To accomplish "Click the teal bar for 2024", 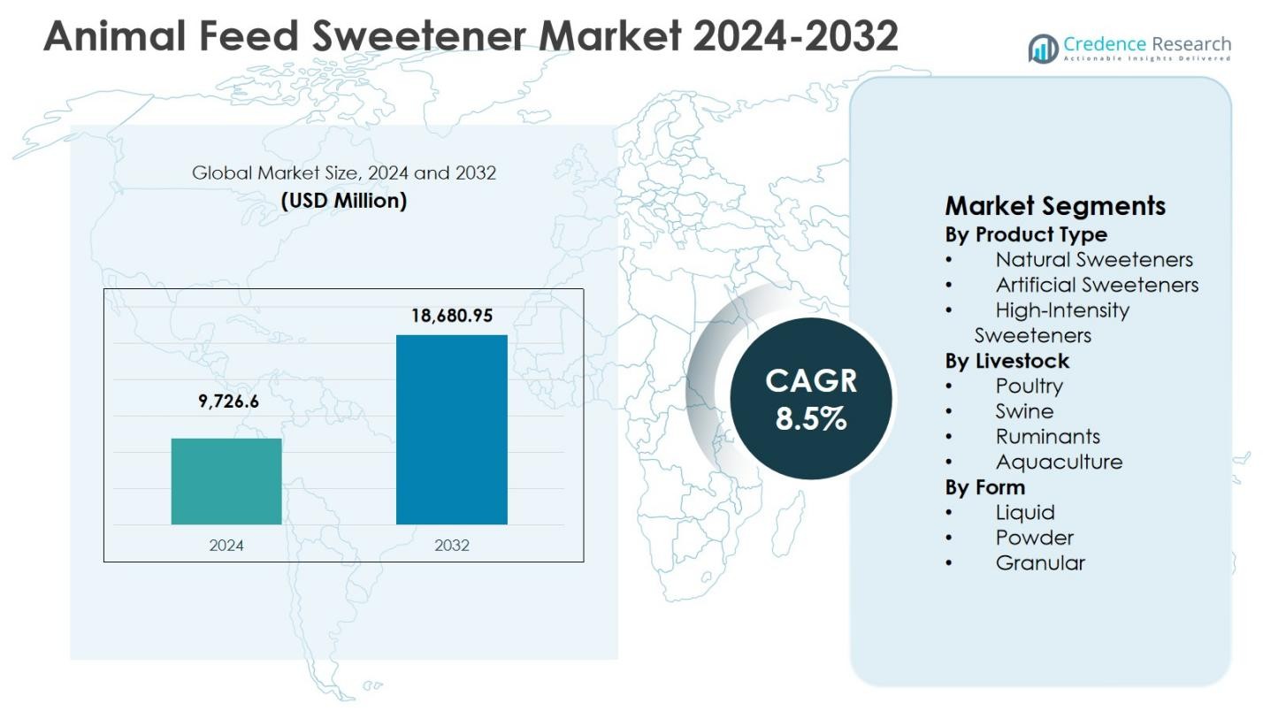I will click(226, 481).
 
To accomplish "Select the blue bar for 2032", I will click(451, 430).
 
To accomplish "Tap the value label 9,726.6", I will click(228, 401).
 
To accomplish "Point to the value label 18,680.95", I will click(451, 316).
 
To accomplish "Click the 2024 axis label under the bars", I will click(226, 545).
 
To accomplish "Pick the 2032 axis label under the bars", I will click(451, 545).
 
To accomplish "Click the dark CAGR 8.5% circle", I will click(810, 399).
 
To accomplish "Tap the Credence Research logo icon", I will click(1043, 49).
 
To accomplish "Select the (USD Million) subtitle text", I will click(344, 201).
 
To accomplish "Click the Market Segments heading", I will click(1055, 206).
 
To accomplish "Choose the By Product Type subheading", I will click(1026, 234).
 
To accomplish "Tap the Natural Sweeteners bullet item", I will click(1094, 260).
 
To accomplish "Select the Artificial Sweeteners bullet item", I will click(1097, 285).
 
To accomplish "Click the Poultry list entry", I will click(1029, 386).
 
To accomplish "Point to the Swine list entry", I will click(1024, 411).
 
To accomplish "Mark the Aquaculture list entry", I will click(1059, 462).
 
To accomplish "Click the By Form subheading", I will click(985, 487).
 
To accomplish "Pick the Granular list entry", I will click(1040, 562).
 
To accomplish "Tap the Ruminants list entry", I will click(1047, 436).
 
